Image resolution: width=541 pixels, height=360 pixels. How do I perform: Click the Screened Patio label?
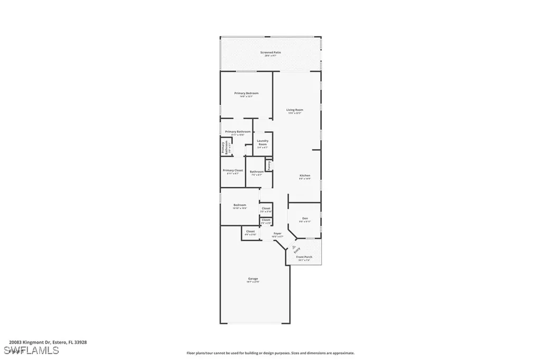[270, 52]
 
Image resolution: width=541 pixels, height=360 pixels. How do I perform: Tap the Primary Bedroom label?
[246, 93]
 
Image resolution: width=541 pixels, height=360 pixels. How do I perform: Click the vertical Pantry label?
[268, 165]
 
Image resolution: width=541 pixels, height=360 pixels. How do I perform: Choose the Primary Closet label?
[232, 170]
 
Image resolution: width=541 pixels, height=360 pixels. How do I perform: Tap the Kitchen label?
[305, 175]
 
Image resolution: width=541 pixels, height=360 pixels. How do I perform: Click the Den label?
[305, 218]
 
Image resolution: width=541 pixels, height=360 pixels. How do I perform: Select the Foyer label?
[277, 233]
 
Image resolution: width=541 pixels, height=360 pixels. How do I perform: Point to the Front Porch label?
[304, 257]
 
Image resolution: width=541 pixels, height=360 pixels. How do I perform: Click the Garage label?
[253, 278]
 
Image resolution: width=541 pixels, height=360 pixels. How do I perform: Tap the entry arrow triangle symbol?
[294, 246]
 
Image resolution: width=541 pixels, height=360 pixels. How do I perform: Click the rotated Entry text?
[297, 250]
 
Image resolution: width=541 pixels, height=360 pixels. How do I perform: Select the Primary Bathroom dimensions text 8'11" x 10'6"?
[237, 135]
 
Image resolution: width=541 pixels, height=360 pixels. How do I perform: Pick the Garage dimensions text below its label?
[253, 282]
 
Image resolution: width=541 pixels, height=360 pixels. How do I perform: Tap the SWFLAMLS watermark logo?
[31, 350]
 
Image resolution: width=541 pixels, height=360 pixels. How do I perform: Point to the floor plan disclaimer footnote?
[270, 353]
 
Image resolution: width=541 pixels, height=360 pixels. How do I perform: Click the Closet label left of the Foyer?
[250, 231]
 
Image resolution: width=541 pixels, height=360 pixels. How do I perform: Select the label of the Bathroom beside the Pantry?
[257, 172]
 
